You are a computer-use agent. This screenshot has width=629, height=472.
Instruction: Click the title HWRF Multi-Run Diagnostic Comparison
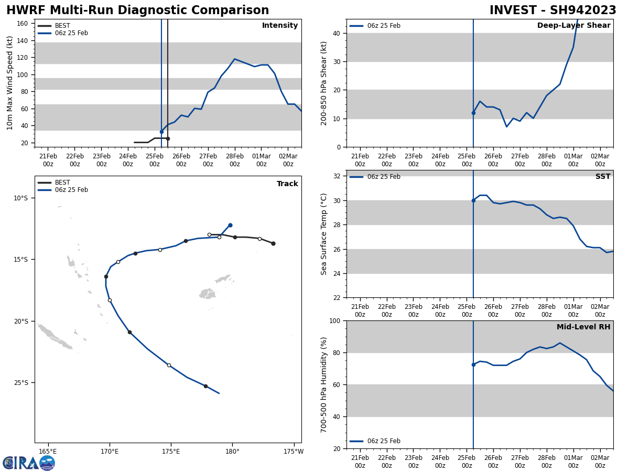137,10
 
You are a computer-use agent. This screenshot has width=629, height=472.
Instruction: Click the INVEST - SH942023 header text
553,10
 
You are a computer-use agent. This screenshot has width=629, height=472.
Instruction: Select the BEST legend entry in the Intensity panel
62,26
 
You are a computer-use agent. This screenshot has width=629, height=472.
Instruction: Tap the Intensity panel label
280,26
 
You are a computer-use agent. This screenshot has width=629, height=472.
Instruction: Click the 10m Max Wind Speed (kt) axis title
10,83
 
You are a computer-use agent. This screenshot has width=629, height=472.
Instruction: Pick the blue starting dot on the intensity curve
161,132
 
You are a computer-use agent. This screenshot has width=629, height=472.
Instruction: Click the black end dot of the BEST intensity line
168,138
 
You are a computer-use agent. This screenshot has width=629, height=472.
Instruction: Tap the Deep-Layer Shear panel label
573,26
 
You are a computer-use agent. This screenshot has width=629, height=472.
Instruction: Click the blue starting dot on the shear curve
473,113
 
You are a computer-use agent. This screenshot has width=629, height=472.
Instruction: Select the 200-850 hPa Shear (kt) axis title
324,83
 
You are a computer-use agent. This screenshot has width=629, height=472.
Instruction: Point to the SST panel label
603,177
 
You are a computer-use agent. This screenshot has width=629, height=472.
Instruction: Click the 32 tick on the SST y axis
338,176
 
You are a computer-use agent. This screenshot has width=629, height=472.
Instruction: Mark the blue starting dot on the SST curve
473,200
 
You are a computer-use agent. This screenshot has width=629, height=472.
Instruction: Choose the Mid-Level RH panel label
583,327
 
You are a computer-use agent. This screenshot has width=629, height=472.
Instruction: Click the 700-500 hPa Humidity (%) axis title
324,384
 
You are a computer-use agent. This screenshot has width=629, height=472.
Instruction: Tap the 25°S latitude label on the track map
20,383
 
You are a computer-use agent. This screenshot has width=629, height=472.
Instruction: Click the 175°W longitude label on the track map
294,451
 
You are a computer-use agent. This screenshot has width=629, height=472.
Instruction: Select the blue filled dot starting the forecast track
230,225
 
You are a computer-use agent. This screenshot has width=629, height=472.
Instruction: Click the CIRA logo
29,463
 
